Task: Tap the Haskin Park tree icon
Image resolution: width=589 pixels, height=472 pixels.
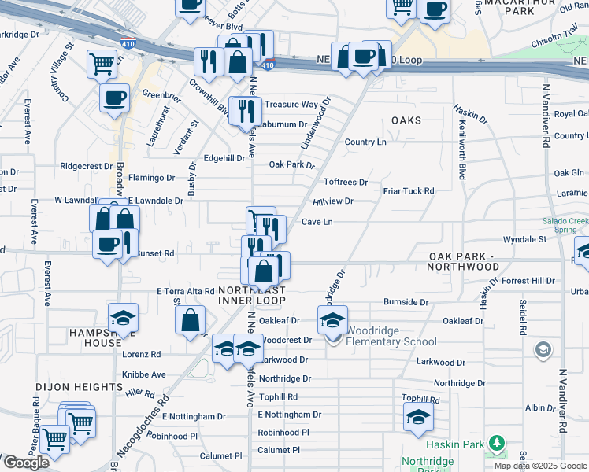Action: [495, 444]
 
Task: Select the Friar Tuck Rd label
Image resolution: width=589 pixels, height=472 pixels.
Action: [409, 191]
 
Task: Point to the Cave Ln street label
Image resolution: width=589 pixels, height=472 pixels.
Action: [317, 222]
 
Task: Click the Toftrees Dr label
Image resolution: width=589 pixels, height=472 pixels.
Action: [346, 182]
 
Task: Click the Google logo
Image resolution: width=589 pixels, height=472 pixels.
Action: [26, 463]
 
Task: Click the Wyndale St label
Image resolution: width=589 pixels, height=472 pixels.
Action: [524, 238]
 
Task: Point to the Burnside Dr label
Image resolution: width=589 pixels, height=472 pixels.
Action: [406, 301]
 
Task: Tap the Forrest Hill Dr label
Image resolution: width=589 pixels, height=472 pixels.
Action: [528, 280]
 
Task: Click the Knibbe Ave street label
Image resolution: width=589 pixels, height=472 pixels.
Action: [144, 374]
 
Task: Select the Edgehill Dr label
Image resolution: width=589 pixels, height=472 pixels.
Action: [224, 158]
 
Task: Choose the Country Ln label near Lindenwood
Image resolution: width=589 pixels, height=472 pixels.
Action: [365, 142]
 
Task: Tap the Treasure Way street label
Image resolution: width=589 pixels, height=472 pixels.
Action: [291, 104]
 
